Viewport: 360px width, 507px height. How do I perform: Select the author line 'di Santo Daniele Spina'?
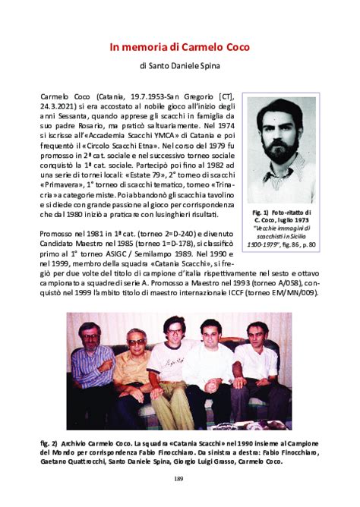pyautogui.click(x=179, y=66)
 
